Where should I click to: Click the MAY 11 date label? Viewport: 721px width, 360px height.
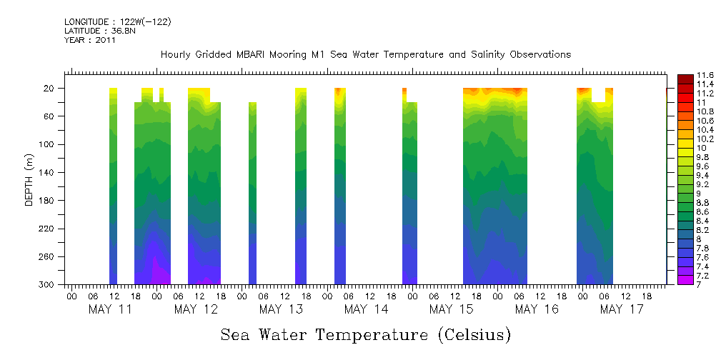(110, 309)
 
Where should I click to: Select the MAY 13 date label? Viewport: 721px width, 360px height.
(281, 309)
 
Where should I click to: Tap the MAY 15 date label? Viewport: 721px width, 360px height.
(452, 309)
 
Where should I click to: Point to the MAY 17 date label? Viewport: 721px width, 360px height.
(622, 309)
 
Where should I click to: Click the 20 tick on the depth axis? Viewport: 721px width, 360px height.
(51, 89)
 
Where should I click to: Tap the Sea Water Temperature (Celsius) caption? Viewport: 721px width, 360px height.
(365, 335)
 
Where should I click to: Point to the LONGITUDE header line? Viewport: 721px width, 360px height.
(117, 22)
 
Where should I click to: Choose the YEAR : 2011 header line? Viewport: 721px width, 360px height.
(89, 40)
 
